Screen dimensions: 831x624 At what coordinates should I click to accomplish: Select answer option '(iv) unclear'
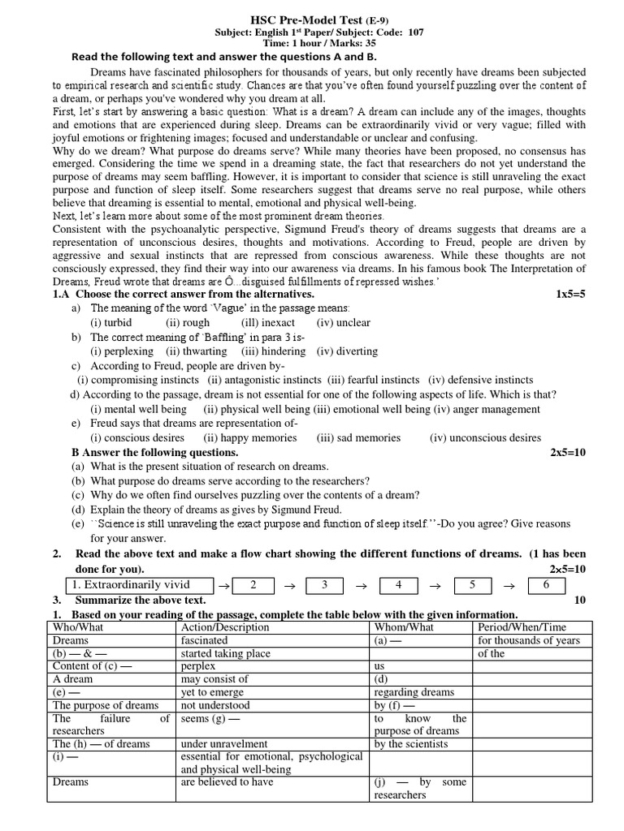[x=343, y=322]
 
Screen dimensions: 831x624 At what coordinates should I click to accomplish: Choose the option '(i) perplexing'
[x=121, y=351]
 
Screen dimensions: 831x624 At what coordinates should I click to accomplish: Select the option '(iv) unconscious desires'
[x=485, y=437]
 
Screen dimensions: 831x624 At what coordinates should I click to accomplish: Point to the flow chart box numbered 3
[x=324, y=585]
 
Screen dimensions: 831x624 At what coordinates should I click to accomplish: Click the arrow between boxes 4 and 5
[x=435, y=586]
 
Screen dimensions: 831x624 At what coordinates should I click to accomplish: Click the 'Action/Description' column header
[x=226, y=627]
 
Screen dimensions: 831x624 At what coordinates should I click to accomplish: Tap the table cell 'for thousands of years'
[x=529, y=640]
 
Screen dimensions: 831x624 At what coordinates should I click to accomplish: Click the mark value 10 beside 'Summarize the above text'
[x=579, y=600]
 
